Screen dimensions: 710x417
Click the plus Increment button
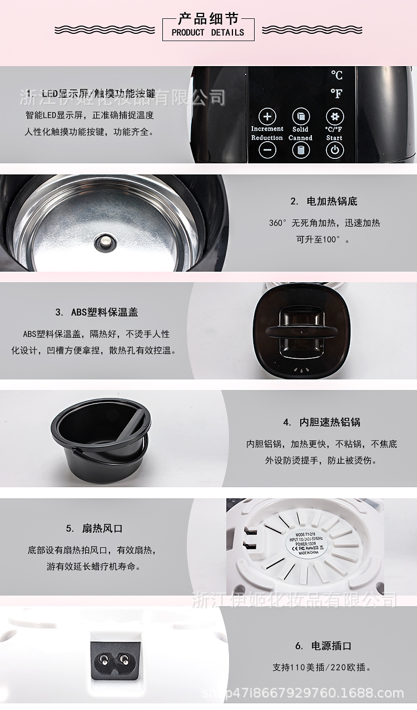click(267, 117)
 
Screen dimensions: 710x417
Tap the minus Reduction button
click(267, 150)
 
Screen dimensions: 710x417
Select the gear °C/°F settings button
click(334, 117)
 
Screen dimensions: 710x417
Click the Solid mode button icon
click(300, 117)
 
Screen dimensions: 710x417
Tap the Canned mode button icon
click(300, 150)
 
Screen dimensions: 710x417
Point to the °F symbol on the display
click(336, 94)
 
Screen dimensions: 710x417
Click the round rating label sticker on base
click(303, 545)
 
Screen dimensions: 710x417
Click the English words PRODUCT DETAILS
click(208, 33)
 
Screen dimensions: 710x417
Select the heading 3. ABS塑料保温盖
click(97, 312)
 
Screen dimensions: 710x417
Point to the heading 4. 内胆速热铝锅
click(321, 422)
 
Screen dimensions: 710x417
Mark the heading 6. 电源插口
click(323, 646)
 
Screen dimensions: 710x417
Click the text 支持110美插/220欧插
click(322, 667)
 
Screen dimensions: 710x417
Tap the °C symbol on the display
click(336, 75)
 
